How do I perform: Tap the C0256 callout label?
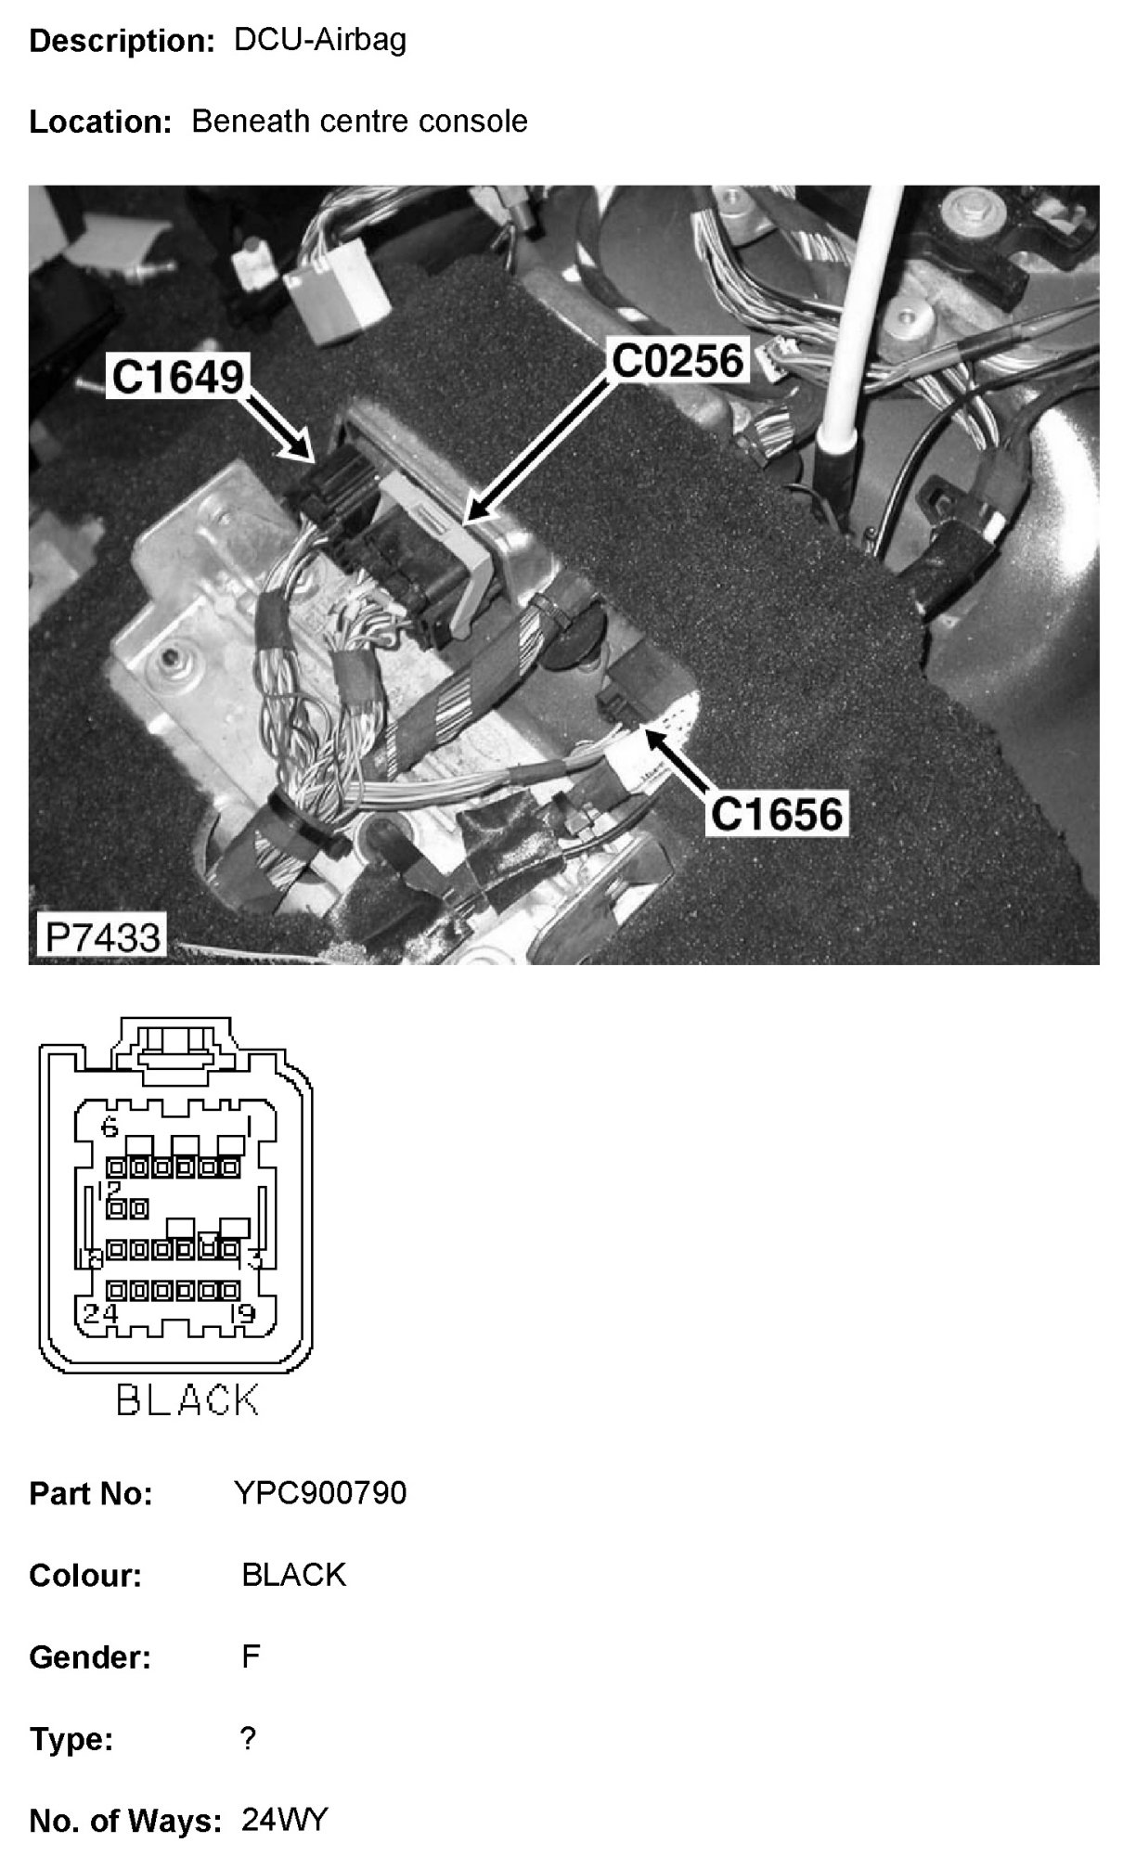pyautogui.click(x=678, y=361)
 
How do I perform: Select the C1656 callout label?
pyautogui.click(x=777, y=814)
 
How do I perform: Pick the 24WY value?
pyautogui.click(x=285, y=1820)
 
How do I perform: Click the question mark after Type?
pyautogui.click(x=248, y=1738)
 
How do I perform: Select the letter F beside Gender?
pyautogui.click(x=251, y=1656)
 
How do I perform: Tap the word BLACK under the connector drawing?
pyautogui.click(x=187, y=1400)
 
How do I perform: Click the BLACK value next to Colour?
pyautogui.click(x=293, y=1575)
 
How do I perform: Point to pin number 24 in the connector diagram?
pyautogui.click(x=100, y=1313)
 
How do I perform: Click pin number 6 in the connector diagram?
pyautogui.click(x=110, y=1128)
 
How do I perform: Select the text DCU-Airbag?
pyautogui.click(x=320, y=40)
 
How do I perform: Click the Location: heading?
pyautogui.click(x=100, y=122)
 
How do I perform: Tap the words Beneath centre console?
pyautogui.click(x=359, y=121)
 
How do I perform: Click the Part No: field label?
pyautogui.click(x=91, y=1494)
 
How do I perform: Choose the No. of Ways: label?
pyautogui.click(x=125, y=1822)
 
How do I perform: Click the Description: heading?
pyautogui.click(x=123, y=41)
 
